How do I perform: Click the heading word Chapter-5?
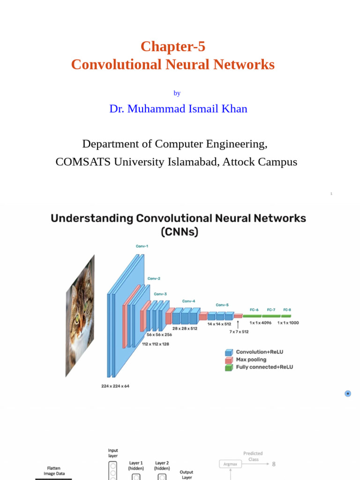(x=172, y=46)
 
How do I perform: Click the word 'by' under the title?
(x=177, y=93)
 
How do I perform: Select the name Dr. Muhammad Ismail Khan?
(x=178, y=109)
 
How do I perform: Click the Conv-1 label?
(x=142, y=246)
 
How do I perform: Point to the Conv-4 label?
(x=188, y=301)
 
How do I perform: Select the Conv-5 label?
(x=222, y=305)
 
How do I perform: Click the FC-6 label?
(x=254, y=310)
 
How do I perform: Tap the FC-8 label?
(x=287, y=310)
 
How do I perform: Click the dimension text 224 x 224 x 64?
(x=115, y=386)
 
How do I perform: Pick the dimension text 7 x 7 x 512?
(x=239, y=332)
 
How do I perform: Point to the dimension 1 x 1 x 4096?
(x=260, y=323)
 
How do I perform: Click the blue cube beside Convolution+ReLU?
(x=229, y=352)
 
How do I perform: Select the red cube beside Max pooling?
(x=229, y=360)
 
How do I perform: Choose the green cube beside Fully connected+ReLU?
(x=229, y=367)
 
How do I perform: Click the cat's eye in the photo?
(x=77, y=319)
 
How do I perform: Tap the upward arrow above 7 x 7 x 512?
(x=238, y=324)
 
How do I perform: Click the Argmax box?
(x=231, y=464)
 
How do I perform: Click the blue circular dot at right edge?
(x=348, y=394)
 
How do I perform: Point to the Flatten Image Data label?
(x=54, y=471)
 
